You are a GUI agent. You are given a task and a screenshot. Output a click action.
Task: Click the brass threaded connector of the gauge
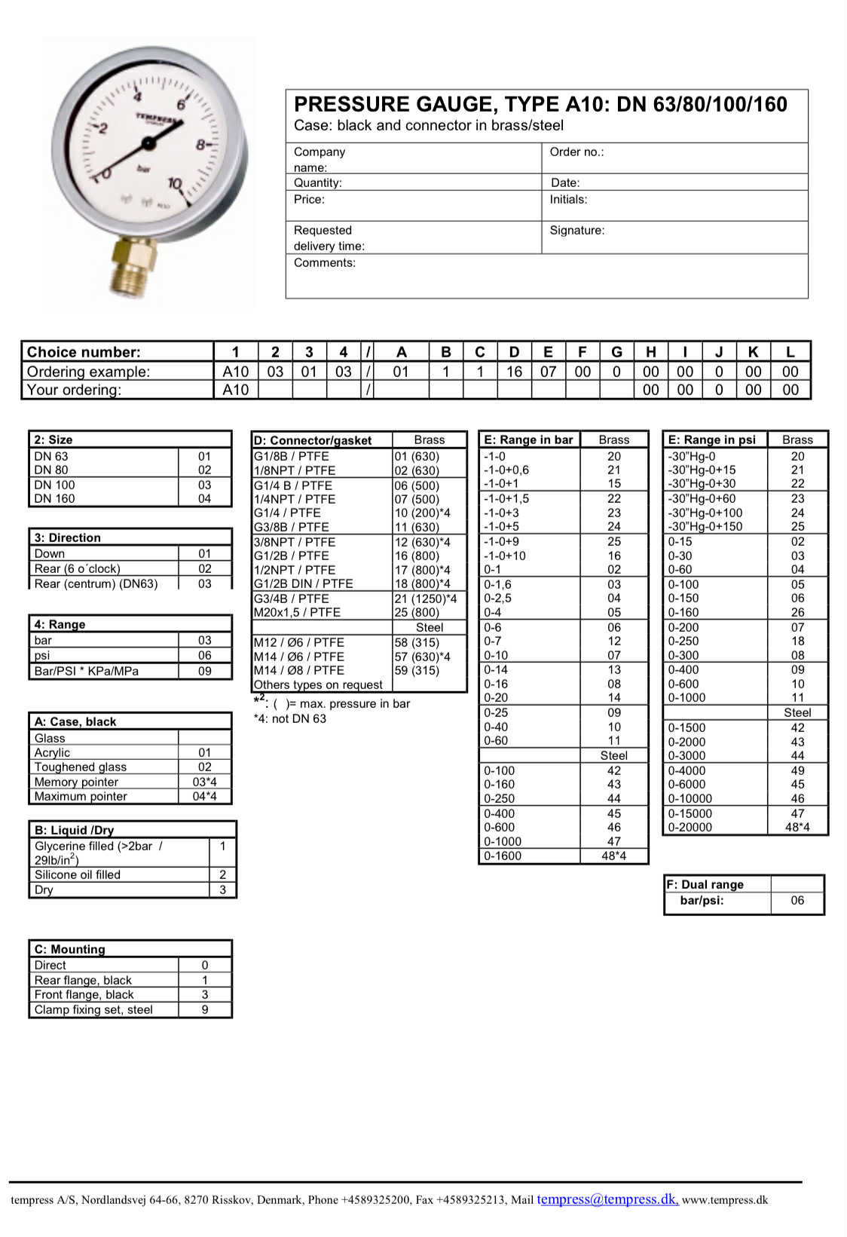(x=136, y=268)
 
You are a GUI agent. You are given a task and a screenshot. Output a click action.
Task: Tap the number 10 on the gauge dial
(x=175, y=183)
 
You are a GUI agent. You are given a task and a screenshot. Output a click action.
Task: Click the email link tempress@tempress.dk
(x=607, y=1199)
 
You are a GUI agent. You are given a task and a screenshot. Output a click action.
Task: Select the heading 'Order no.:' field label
(x=576, y=152)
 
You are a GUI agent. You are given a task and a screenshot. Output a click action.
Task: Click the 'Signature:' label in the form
(x=576, y=231)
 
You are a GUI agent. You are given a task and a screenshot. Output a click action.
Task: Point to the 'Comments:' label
(x=324, y=263)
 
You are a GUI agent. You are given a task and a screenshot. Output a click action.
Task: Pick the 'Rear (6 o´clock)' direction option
(x=77, y=568)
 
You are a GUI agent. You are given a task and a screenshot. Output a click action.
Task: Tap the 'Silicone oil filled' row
(x=77, y=874)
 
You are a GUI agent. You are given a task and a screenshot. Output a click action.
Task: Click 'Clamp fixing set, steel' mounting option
(x=93, y=1009)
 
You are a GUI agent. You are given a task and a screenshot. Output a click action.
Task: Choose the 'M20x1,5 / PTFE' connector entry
(x=297, y=612)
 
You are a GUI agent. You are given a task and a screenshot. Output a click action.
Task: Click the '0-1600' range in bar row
(x=503, y=856)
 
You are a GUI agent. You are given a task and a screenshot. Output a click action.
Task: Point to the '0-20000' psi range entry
(x=690, y=827)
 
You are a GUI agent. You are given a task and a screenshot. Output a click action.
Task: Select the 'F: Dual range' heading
(x=705, y=884)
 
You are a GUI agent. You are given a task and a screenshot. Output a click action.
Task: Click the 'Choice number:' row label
(x=84, y=352)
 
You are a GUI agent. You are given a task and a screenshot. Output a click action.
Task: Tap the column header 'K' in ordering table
(x=752, y=352)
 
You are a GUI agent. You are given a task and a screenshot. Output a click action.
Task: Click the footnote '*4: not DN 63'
(x=290, y=718)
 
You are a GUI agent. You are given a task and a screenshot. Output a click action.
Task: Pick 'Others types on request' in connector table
(x=318, y=684)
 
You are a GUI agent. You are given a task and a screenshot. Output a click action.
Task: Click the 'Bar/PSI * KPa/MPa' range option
(x=86, y=671)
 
